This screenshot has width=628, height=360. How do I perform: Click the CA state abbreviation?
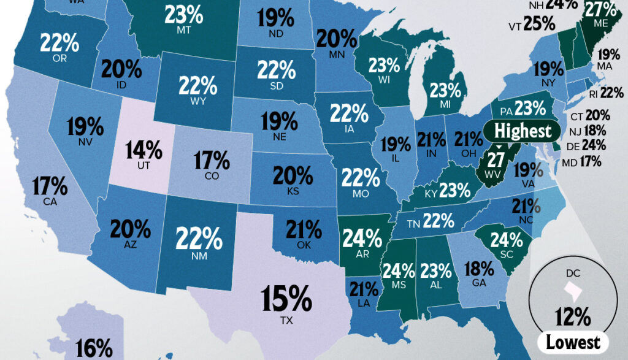(50, 201)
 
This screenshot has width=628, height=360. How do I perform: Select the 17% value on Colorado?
(212, 161)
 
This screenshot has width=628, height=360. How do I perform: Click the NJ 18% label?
(595, 131)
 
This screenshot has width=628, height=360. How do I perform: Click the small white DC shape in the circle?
(572, 288)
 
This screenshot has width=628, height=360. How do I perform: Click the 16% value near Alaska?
(94, 348)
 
